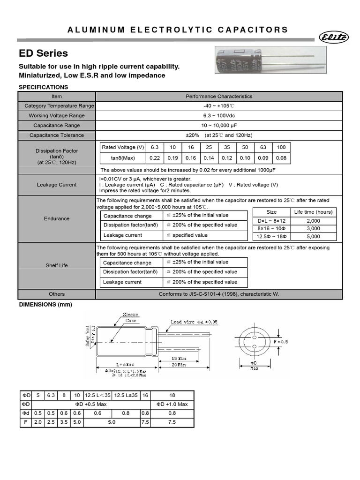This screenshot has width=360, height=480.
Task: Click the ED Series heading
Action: (x=43, y=53)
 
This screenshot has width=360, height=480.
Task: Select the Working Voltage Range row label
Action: (x=57, y=116)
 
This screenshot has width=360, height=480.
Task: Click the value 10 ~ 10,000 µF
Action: (x=218, y=126)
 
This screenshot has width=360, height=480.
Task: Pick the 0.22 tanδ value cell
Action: (x=155, y=158)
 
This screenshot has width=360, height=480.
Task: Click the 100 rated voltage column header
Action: (x=281, y=147)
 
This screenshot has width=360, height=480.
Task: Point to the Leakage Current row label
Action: (x=57, y=185)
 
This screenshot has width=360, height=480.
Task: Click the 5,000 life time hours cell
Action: (x=314, y=237)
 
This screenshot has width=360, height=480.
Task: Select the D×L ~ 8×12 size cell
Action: (x=271, y=220)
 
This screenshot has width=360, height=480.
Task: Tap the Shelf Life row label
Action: (x=57, y=265)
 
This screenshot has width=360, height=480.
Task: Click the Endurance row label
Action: (x=57, y=218)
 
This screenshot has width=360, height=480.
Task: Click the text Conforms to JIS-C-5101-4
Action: (x=219, y=294)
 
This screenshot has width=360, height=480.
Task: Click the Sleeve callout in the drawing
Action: (x=130, y=315)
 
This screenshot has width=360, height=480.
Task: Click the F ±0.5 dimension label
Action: (x=294, y=342)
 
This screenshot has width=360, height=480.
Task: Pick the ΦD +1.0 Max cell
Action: (x=172, y=404)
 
